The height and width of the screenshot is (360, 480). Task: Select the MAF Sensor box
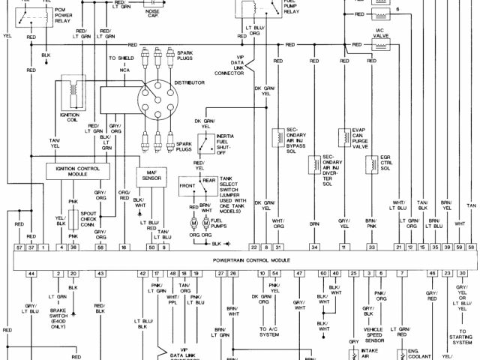(x=150, y=176)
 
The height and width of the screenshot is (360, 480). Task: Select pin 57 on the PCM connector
(x=19, y=247)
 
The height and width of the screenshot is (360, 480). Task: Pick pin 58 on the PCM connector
(x=471, y=247)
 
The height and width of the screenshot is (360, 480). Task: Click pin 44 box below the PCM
(x=31, y=274)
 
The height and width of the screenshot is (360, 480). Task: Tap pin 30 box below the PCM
(x=462, y=274)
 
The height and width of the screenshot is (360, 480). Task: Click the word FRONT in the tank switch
(x=187, y=184)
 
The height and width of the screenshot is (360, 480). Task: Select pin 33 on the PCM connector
(x=371, y=247)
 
